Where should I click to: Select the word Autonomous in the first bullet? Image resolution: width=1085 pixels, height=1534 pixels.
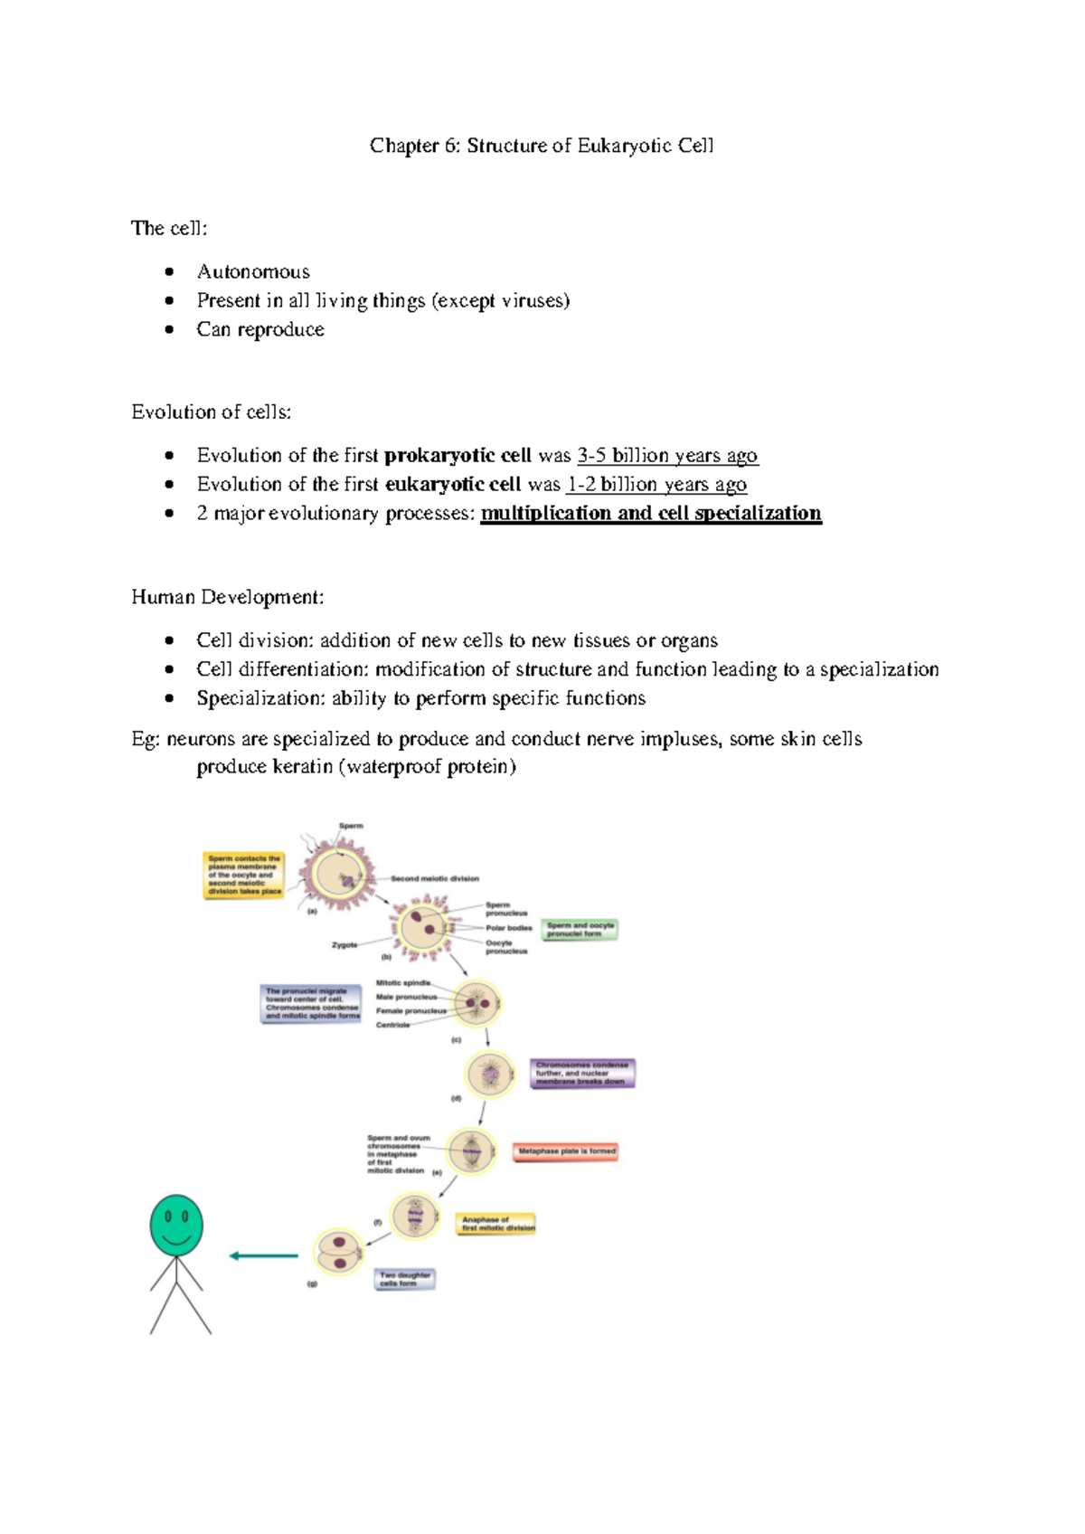coord(253,271)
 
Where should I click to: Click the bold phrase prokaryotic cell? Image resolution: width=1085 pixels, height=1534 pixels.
coord(458,455)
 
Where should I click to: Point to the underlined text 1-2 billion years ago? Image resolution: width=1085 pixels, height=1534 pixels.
coord(656,484)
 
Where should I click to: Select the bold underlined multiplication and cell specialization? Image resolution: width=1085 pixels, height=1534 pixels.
coord(650,514)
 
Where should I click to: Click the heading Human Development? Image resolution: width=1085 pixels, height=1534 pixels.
coord(227,597)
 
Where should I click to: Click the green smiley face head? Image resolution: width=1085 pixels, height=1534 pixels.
coord(176,1225)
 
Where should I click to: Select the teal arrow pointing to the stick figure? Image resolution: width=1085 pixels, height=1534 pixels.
coord(263,1255)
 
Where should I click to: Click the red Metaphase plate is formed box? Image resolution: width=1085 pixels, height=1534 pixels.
coord(566,1151)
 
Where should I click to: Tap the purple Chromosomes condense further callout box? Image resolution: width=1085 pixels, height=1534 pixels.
coord(582,1073)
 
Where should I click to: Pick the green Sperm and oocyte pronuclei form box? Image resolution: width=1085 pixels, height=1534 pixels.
coord(580,929)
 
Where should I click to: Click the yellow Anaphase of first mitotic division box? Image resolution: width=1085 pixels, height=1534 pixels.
coord(497,1224)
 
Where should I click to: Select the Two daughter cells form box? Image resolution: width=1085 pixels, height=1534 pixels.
coord(404,1279)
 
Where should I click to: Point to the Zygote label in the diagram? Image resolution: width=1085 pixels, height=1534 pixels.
coord(344,944)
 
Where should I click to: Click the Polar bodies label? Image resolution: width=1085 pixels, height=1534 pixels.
coord(508,928)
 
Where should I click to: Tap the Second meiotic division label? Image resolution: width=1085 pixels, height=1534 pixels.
coord(435,878)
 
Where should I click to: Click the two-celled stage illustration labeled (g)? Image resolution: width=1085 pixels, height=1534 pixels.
coord(337,1253)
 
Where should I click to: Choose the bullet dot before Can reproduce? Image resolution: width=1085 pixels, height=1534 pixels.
coord(169,329)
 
